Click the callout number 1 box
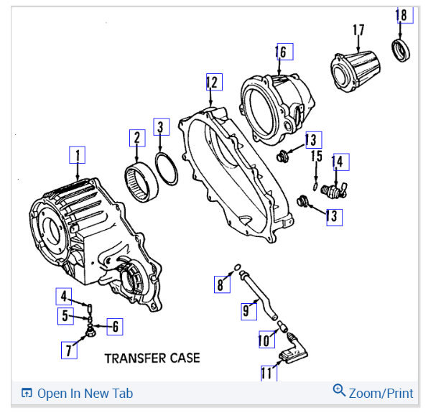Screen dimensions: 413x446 (x=78, y=154)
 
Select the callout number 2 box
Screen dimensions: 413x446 (x=136, y=137)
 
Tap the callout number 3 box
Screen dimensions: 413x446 (x=161, y=128)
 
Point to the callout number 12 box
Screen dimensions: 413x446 (x=213, y=83)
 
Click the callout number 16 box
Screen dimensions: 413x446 (x=282, y=52)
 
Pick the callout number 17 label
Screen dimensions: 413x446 (x=358, y=30)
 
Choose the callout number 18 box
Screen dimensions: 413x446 (x=404, y=15)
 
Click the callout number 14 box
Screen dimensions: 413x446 (x=338, y=162)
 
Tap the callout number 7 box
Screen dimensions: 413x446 (x=69, y=351)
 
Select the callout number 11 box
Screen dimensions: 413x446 (x=268, y=373)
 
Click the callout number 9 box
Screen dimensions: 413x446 (x=248, y=310)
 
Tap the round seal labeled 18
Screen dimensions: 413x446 (x=401, y=52)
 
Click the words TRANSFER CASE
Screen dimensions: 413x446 (x=152, y=357)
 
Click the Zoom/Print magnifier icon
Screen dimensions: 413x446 (x=339, y=391)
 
